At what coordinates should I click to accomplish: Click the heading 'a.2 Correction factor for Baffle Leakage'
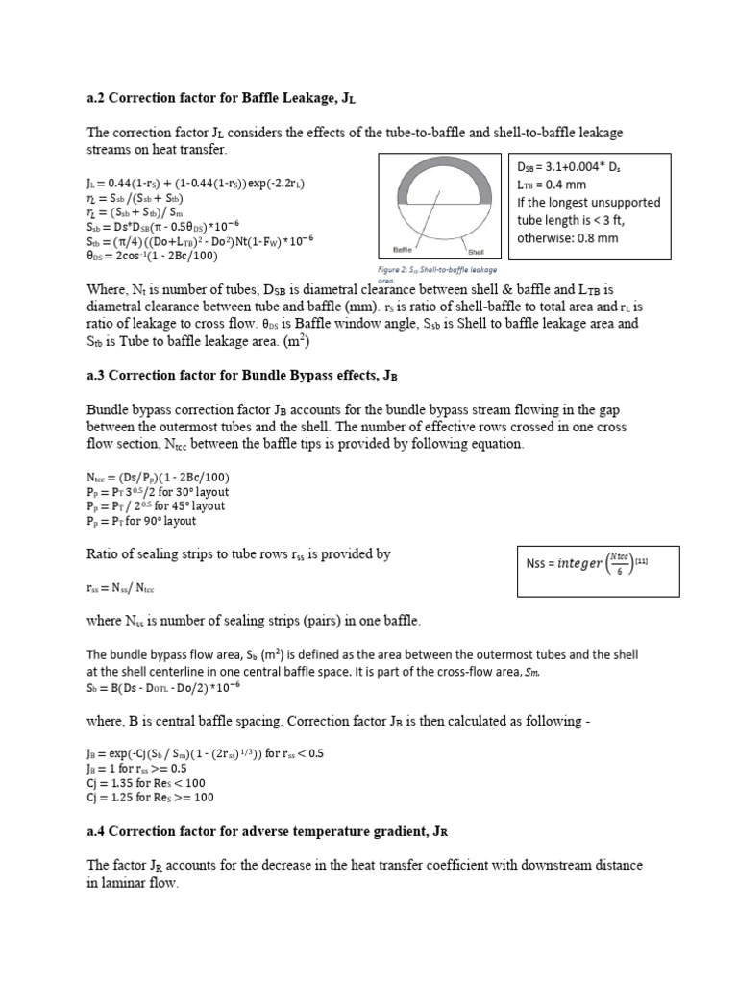click(x=227, y=98)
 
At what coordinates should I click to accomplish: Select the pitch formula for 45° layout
click(x=156, y=505)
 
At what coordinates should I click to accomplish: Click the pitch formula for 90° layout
click(x=141, y=521)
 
